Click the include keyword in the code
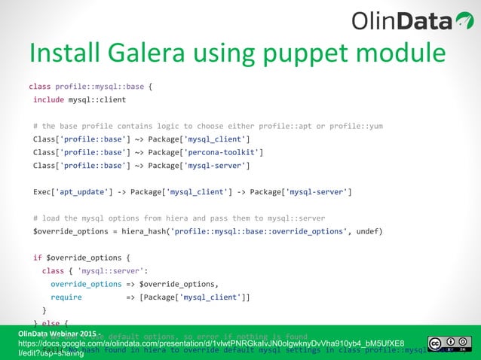tap(48, 99)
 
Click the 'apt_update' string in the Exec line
tap(81, 191)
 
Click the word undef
tap(368, 231)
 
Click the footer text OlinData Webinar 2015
tap(60, 332)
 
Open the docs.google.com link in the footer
tap(211, 343)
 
